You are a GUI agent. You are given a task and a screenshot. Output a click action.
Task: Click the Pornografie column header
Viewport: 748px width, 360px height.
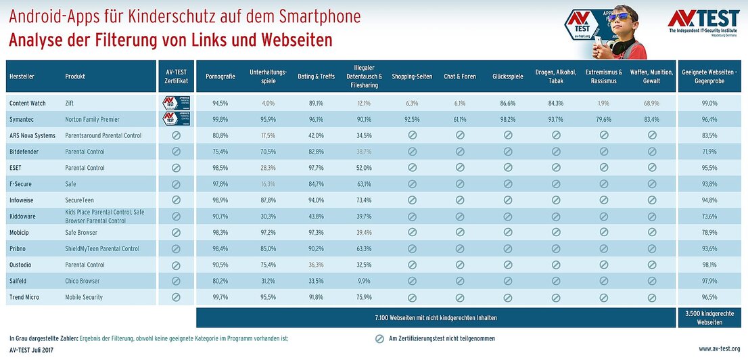(x=220, y=77)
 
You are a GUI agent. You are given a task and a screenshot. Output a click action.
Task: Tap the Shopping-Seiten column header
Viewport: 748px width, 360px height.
(x=412, y=77)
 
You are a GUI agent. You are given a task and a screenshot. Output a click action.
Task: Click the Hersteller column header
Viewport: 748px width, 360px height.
(x=22, y=77)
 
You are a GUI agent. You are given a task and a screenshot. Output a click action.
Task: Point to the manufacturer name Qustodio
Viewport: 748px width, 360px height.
(x=24, y=265)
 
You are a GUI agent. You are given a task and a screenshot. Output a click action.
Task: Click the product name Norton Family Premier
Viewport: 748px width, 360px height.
(x=92, y=119)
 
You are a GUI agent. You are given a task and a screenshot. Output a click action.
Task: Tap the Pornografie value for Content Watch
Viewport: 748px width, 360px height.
(x=220, y=103)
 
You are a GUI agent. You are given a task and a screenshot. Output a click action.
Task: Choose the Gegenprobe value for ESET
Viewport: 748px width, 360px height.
(x=709, y=168)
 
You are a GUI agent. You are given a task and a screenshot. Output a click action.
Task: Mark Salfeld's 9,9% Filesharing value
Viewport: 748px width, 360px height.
(x=364, y=281)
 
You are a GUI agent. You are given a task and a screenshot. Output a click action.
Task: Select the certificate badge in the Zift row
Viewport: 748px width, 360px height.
(x=176, y=103)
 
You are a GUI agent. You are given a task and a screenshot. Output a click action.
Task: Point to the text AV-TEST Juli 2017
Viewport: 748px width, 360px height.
(x=30, y=350)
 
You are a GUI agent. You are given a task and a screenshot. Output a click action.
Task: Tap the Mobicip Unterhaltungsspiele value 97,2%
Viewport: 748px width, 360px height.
(x=268, y=233)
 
